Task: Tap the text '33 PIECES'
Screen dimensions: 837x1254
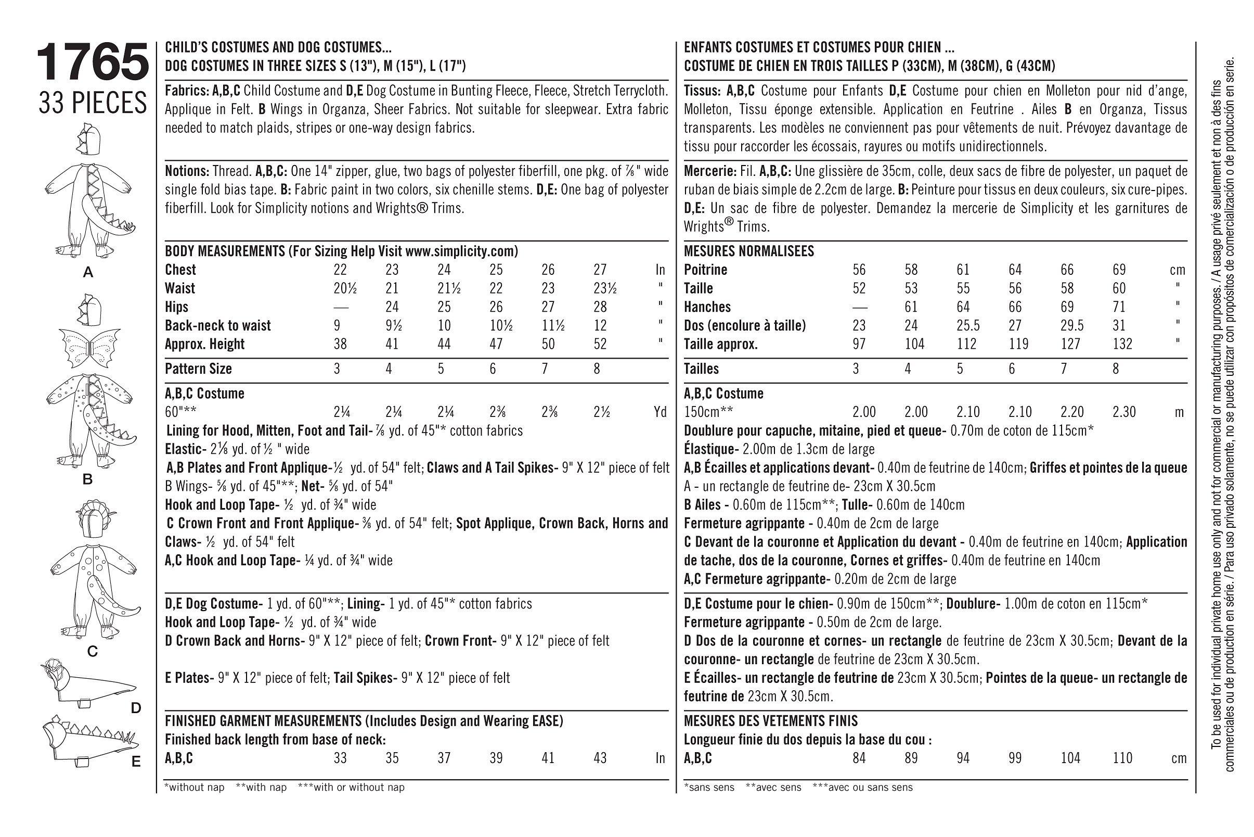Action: click(92, 103)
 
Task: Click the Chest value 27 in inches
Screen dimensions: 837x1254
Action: click(600, 270)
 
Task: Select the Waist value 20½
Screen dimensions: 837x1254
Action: click(344, 288)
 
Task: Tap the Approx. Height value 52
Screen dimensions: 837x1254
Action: click(600, 344)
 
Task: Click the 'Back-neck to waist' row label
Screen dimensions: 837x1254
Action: click(217, 326)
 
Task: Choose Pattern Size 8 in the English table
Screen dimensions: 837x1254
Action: click(597, 369)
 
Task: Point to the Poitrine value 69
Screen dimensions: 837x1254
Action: click(1119, 270)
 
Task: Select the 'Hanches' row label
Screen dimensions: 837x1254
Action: click(707, 307)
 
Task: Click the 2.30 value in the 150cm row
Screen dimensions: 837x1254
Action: click(1124, 412)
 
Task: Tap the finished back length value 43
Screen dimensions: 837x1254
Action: click(600, 758)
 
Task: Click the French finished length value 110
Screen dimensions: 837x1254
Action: click(1122, 758)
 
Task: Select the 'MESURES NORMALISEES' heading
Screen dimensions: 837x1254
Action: click(749, 251)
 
